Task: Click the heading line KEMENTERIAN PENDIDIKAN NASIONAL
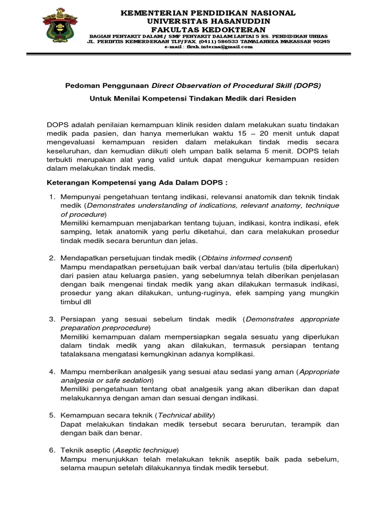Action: coord(208,13)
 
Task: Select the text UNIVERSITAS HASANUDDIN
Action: coord(208,21)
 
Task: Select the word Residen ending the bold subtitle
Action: coord(282,99)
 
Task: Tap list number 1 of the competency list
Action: coord(52,195)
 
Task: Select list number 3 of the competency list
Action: coord(52,319)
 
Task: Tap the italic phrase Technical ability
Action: coord(185,415)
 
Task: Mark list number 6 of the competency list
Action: coord(52,450)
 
